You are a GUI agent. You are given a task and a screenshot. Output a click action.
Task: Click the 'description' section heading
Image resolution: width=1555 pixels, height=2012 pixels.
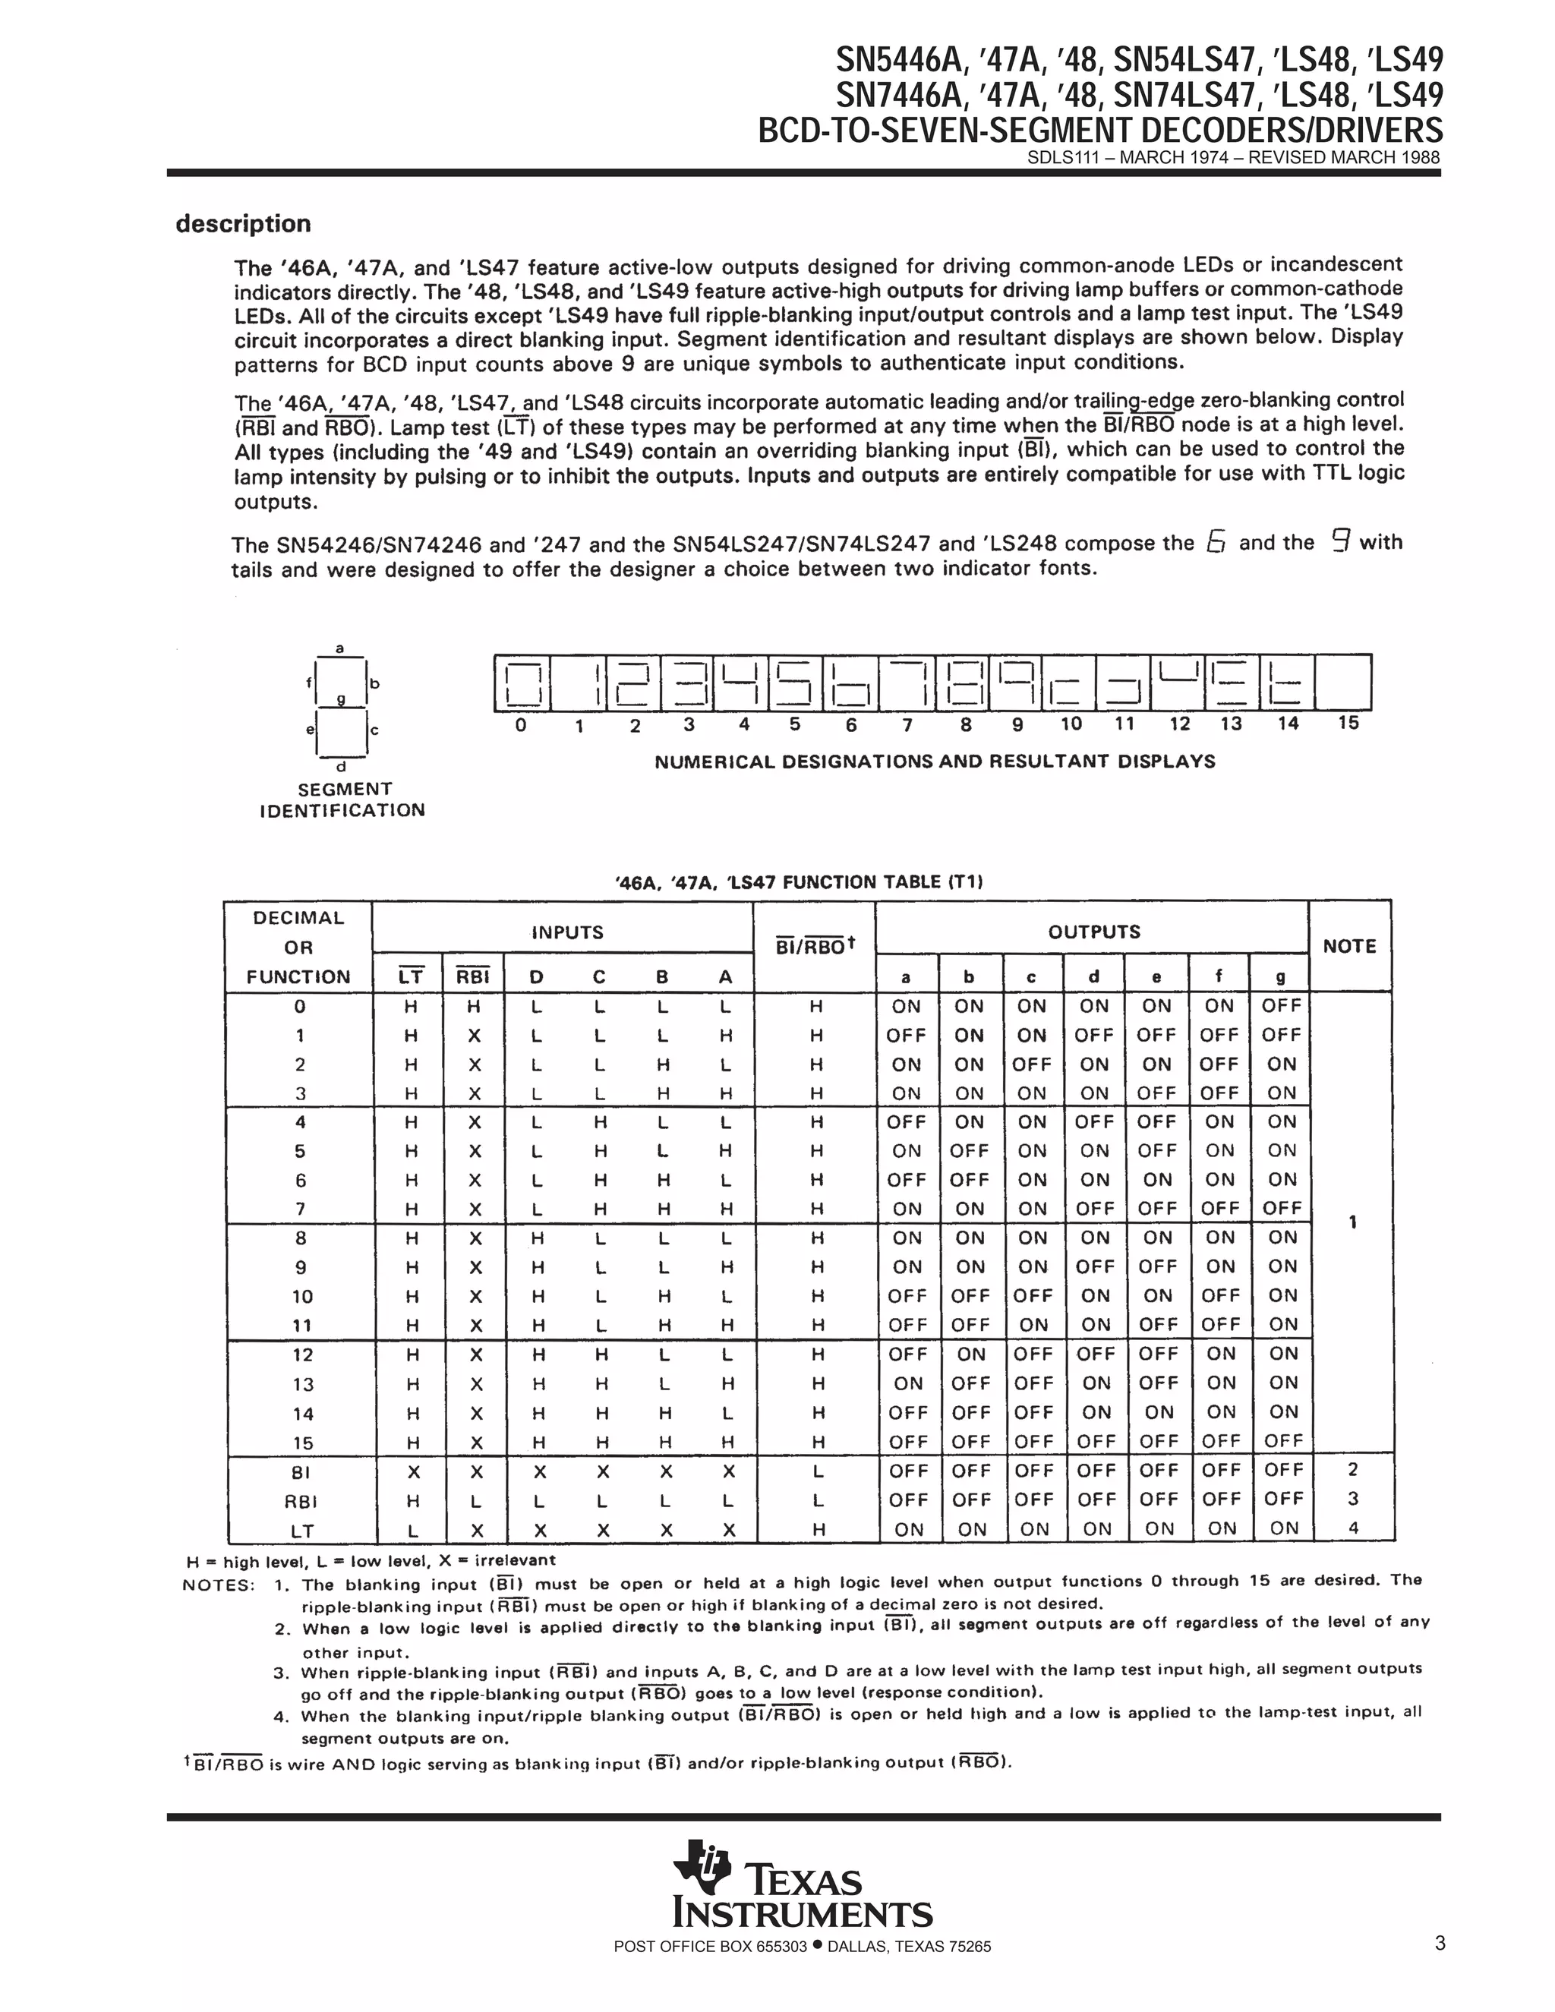(243, 224)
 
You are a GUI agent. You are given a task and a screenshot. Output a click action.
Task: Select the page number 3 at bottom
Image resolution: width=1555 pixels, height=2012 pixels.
(1440, 1944)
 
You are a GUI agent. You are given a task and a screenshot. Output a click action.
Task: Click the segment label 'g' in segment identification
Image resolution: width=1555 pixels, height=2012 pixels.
(340, 699)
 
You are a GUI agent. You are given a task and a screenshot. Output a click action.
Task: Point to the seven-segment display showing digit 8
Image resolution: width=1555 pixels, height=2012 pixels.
(963, 683)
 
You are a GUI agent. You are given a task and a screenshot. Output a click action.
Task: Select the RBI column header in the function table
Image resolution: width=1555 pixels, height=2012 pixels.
(474, 976)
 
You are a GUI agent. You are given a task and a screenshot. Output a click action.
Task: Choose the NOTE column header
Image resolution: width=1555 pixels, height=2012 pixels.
(1348, 946)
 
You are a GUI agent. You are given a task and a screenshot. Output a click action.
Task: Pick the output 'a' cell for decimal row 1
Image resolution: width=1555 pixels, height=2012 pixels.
(906, 1036)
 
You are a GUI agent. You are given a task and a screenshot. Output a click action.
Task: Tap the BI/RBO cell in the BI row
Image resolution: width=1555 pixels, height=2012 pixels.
(815, 1471)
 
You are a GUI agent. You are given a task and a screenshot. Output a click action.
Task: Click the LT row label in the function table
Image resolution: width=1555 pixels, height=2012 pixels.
(302, 1530)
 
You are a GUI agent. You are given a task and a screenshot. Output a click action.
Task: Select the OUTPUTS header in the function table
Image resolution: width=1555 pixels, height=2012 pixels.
(1093, 932)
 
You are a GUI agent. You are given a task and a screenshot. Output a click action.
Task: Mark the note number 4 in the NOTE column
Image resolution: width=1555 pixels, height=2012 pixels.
(1352, 1528)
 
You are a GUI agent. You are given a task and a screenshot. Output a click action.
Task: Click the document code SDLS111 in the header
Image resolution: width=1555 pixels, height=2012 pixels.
(1058, 157)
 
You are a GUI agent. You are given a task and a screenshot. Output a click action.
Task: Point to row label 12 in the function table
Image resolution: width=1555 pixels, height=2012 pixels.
(302, 1355)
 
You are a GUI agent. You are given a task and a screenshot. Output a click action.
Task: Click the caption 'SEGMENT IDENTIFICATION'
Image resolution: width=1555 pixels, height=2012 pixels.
(342, 799)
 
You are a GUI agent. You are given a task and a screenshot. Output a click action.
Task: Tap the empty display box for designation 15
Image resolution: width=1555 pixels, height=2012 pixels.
(1343, 683)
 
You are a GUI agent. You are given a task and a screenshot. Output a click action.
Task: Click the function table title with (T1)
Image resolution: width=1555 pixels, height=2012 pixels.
(799, 882)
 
